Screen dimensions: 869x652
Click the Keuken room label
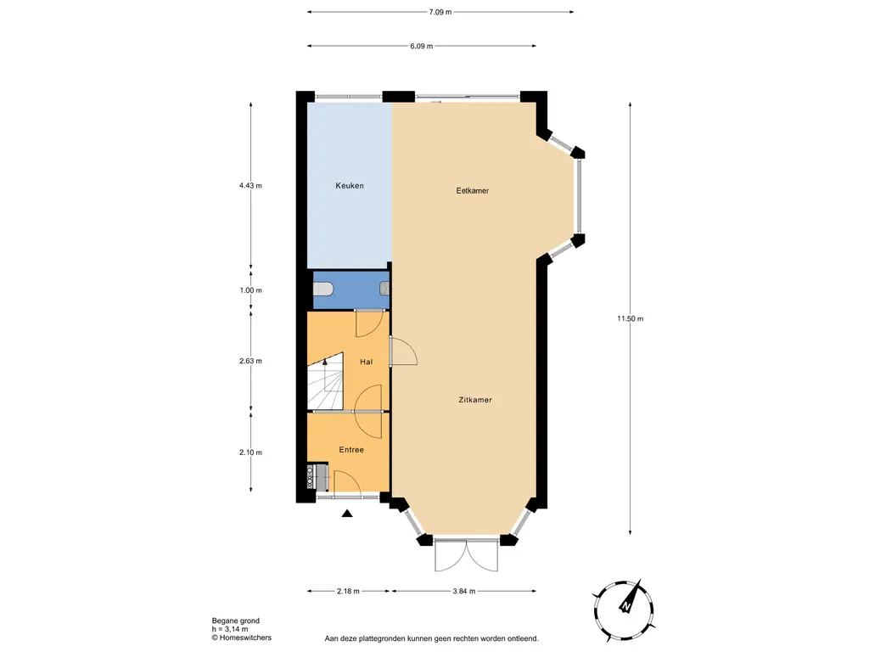(x=350, y=186)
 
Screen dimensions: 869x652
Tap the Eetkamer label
(x=472, y=191)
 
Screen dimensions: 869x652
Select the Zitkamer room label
(x=475, y=400)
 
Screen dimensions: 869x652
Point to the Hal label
(x=366, y=362)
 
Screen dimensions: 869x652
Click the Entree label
(x=351, y=450)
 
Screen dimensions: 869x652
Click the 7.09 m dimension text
(x=440, y=12)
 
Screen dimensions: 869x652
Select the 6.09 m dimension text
(x=421, y=46)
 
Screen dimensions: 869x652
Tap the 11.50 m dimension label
(x=631, y=319)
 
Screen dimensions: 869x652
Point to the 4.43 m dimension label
(x=250, y=186)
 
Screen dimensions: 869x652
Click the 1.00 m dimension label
(x=250, y=290)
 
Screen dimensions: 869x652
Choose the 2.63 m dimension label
(x=250, y=361)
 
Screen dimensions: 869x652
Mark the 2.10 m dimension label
(x=250, y=452)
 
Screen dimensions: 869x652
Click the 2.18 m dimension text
(x=348, y=591)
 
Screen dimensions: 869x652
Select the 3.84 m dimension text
(x=464, y=591)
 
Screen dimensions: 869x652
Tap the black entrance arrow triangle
(x=347, y=514)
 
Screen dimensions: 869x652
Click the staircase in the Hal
(x=325, y=383)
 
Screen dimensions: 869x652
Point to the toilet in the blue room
(x=322, y=289)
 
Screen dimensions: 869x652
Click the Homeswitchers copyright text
(x=242, y=638)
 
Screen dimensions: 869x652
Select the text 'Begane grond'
(x=236, y=621)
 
